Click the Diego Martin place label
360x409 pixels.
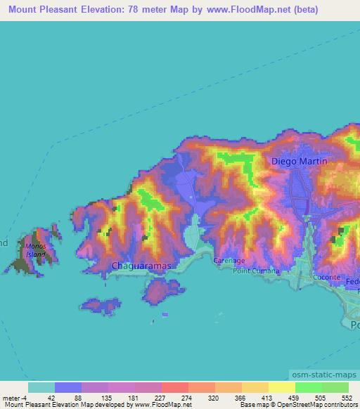click(x=300, y=162)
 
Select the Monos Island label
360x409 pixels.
click(x=35, y=249)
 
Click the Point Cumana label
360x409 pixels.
click(x=257, y=271)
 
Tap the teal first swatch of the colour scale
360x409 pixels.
click(x=41, y=387)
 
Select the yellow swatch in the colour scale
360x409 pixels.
click(x=282, y=387)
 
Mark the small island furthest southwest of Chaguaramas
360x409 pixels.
click(x=100, y=306)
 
